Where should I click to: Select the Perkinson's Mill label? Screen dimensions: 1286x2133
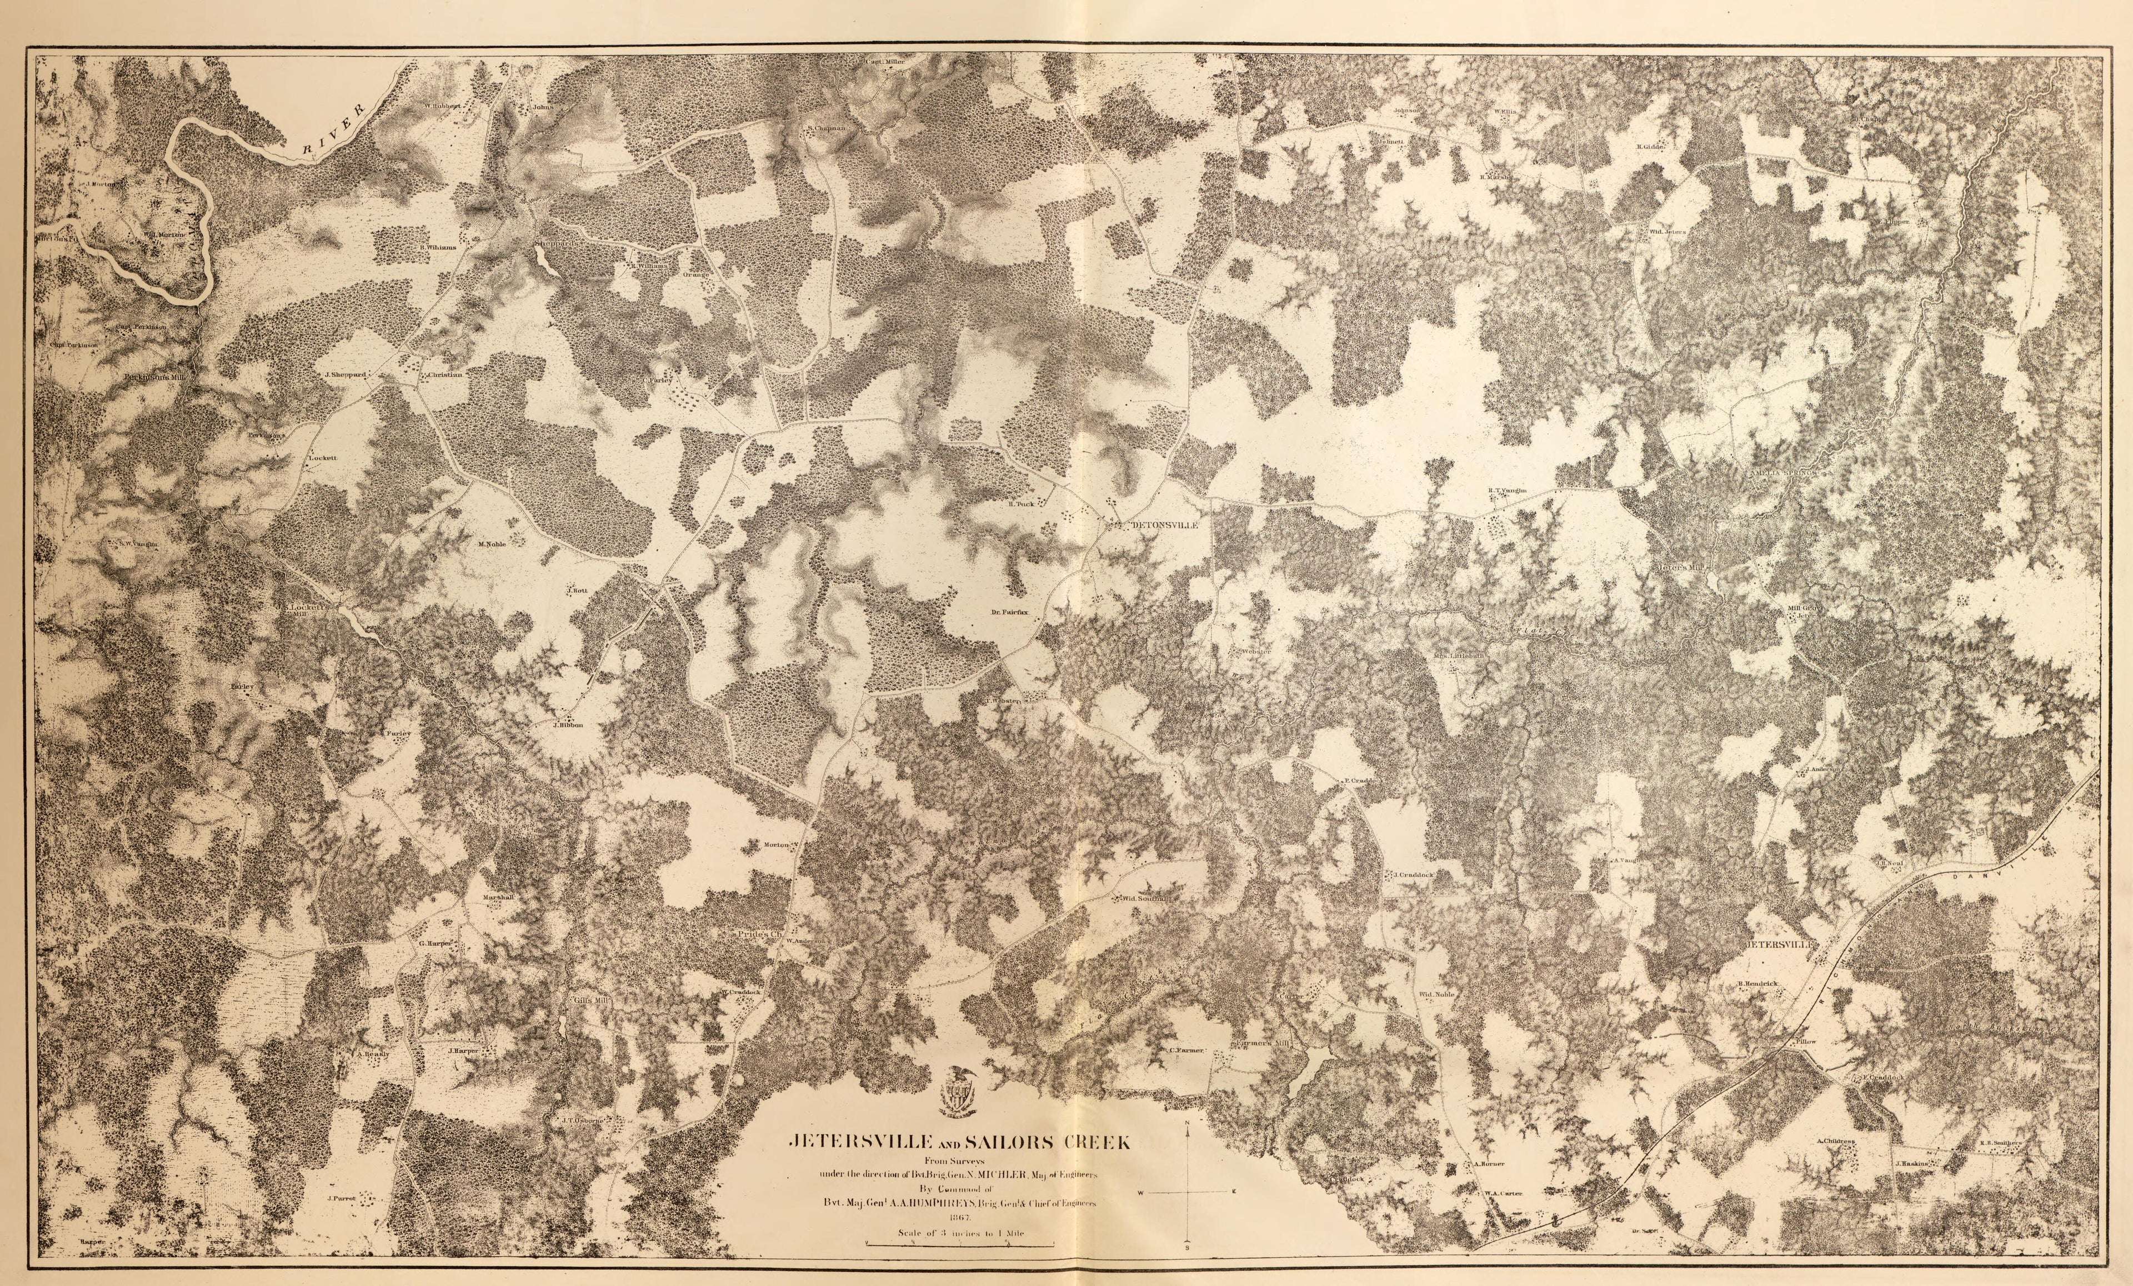click(152, 378)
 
